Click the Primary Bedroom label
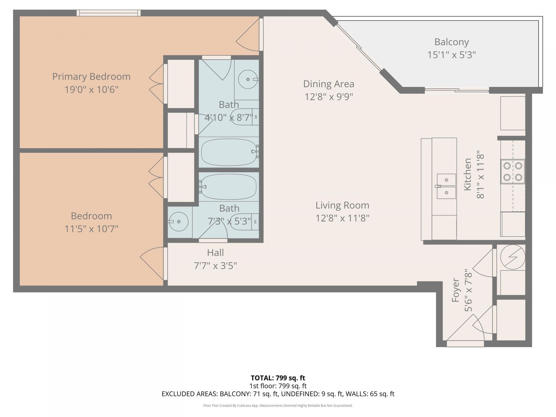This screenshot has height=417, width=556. (x=91, y=76)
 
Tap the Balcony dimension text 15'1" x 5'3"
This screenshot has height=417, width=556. (x=451, y=55)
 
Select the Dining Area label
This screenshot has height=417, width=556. (x=328, y=84)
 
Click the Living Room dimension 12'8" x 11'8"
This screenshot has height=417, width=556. (x=342, y=218)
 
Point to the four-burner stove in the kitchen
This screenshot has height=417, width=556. (x=513, y=171)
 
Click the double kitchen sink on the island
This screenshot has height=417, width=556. (x=446, y=186)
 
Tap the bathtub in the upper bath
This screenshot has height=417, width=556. (x=229, y=152)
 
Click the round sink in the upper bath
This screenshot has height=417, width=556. (x=248, y=79)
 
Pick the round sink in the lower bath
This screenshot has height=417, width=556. (x=178, y=222)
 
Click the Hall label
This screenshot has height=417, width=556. (x=215, y=253)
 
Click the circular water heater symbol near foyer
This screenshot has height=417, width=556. (x=512, y=257)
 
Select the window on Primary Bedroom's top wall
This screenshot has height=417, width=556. (x=109, y=13)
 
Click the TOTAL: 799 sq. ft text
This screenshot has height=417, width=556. (x=278, y=378)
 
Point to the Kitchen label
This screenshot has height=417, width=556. (x=467, y=174)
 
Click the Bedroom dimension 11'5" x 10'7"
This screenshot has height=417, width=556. (x=91, y=229)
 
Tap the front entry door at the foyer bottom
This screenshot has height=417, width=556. (x=465, y=343)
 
